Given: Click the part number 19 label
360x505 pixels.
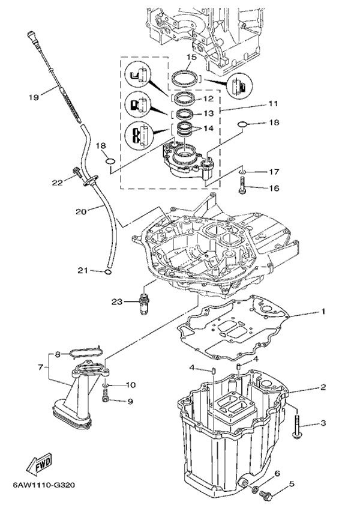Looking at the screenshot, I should tap(34, 96).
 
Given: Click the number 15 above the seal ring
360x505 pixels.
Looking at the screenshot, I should tap(191, 58).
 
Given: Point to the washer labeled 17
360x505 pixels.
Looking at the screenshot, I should tap(241, 172).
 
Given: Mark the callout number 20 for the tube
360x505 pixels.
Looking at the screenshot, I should tap(81, 210).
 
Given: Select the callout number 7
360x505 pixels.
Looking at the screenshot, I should tap(41, 366).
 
